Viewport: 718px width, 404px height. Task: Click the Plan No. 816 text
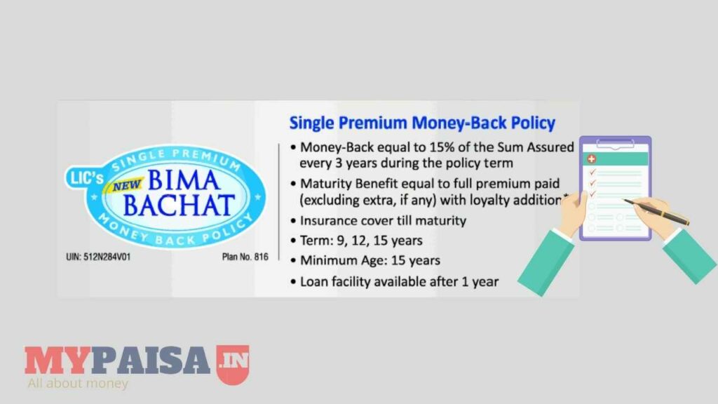(245, 257)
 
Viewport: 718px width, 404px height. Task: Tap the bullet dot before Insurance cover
(293, 222)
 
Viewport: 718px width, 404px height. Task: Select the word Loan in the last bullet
(314, 281)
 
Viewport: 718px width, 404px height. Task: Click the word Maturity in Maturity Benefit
(327, 184)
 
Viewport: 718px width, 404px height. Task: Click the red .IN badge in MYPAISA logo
(233, 363)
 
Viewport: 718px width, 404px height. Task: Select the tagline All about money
(77, 384)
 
